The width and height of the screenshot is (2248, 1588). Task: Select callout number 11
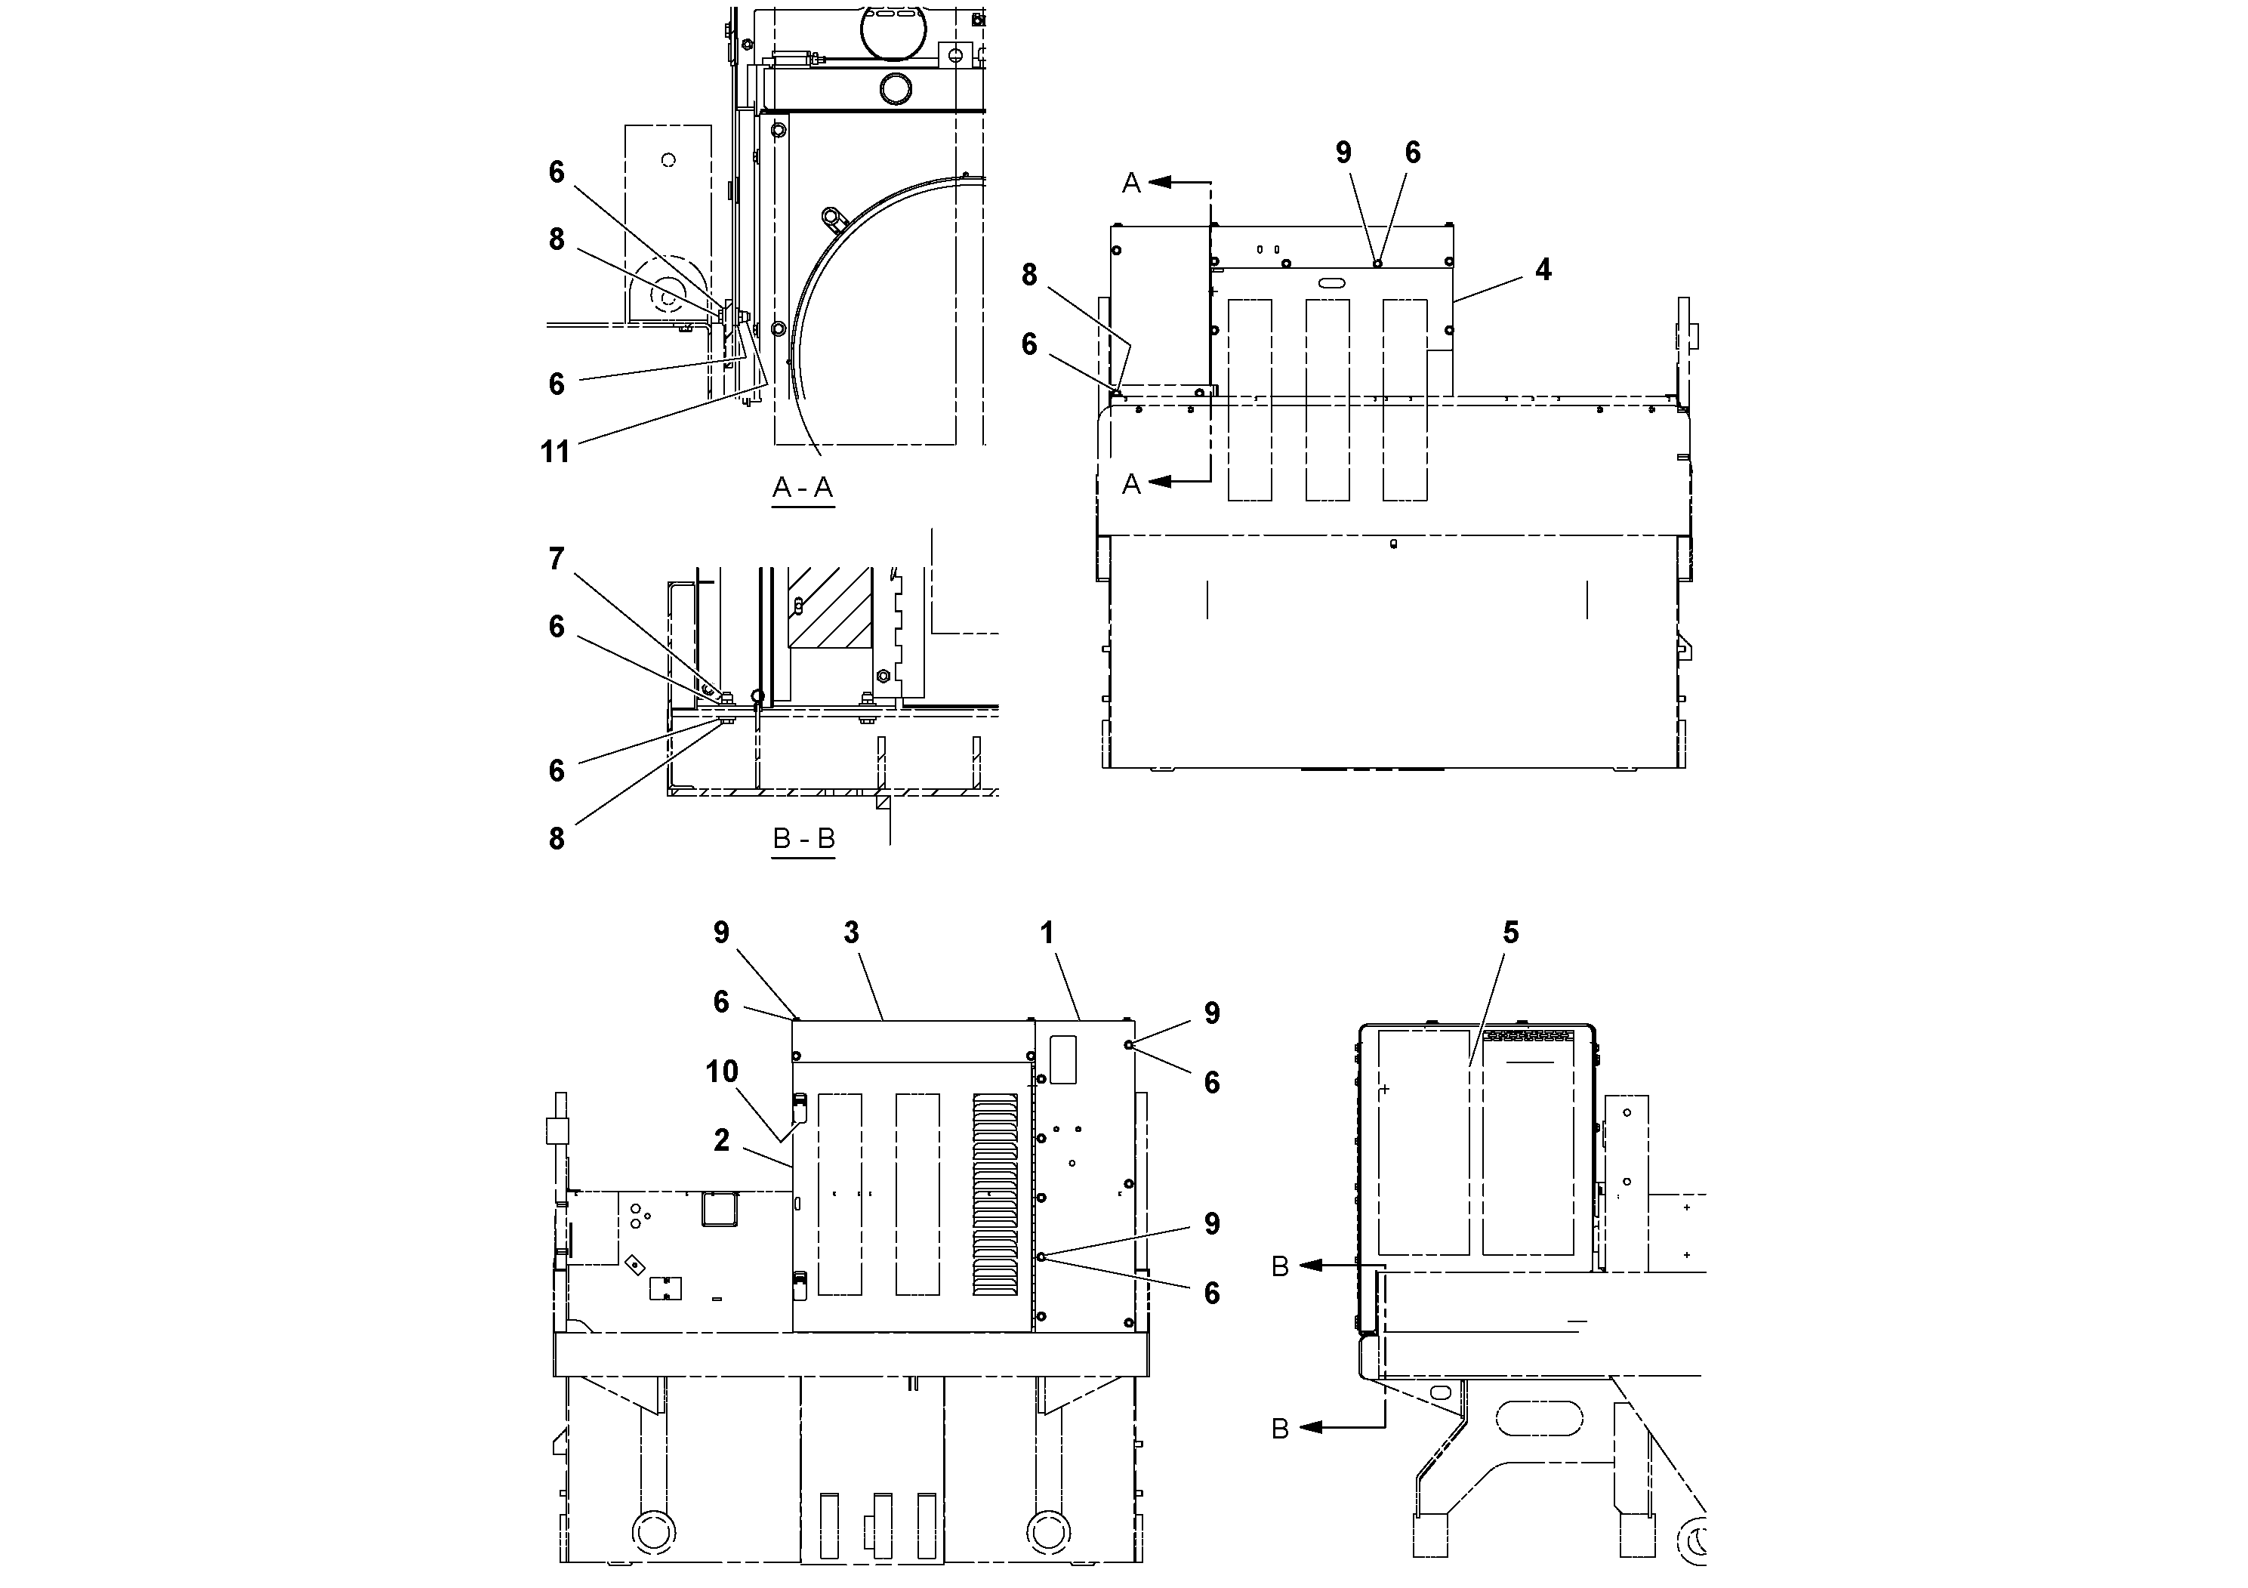555,452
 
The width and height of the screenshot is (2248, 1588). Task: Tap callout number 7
556,559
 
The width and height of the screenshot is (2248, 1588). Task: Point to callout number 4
1543,270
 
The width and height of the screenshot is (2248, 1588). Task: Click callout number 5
1511,933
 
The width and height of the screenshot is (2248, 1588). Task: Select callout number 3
851,933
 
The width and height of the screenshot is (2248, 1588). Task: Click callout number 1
1047,933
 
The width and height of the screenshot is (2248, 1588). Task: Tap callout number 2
722,1139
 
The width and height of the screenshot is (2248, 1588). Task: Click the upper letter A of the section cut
1131,182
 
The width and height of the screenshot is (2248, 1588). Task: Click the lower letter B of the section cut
1280,1429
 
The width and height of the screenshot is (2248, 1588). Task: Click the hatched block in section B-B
831,608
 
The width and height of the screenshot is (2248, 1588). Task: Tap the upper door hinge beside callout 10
799,1107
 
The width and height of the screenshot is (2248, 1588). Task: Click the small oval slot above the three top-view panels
1331,283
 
